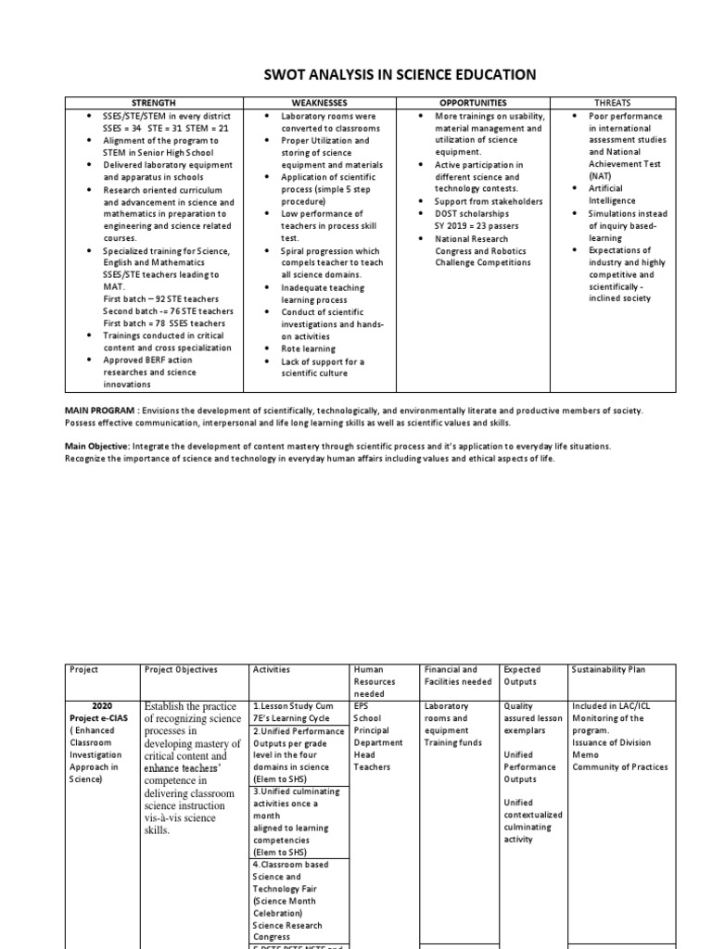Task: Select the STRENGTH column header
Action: (155, 102)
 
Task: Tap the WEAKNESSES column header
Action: (318, 102)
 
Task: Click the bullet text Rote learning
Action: (309, 348)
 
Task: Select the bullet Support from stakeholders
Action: (489, 201)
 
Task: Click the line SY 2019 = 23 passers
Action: (477, 225)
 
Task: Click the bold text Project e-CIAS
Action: (95, 717)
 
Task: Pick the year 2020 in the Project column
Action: (102, 705)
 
